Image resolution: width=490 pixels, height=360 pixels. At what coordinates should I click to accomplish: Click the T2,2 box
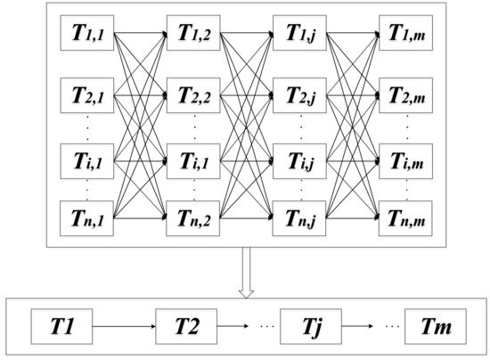(193, 94)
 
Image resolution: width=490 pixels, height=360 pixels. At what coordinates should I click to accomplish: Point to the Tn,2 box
(193, 217)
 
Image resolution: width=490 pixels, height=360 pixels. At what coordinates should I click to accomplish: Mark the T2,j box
(300, 94)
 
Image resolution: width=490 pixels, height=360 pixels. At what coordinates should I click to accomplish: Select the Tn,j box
(300, 217)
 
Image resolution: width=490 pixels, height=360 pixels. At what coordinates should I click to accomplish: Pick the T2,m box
(407, 94)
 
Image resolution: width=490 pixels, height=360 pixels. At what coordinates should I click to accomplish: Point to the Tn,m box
(407, 217)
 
